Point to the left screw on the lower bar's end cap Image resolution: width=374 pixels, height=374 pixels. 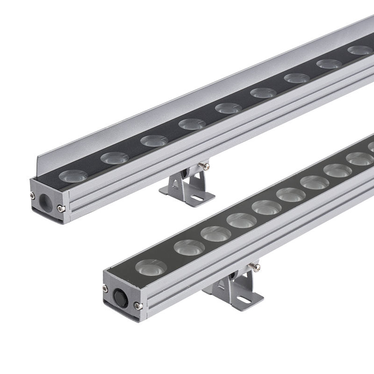pyautogui.click(x=105, y=286)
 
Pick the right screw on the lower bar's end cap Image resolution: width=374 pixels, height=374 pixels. pyautogui.click(x=136, y=306)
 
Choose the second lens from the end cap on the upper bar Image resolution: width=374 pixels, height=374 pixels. pyautogui.click(x=115, y=158)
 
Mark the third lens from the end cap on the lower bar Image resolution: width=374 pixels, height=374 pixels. pyautogui.click(x=216, y=232)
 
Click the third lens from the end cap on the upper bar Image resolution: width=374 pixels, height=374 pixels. pyautogui.click(x=154, y=140)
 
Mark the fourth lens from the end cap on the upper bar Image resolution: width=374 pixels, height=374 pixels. pyautogui.click(x=192, y=124)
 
